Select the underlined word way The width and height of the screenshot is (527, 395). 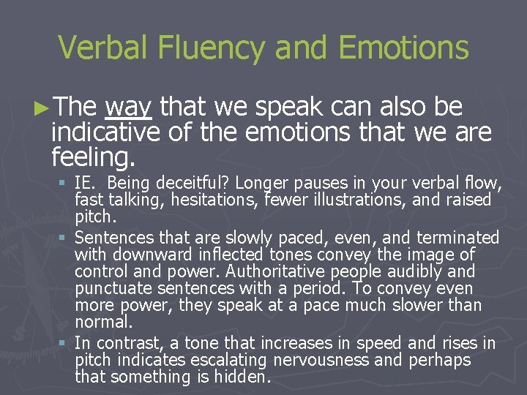pyautogui.click(x=128, y=108)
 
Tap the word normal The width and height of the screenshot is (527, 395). pyautogui.click(x=104, y=321)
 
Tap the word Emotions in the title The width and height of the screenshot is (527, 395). pyautogui.click(x=395, y=48)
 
